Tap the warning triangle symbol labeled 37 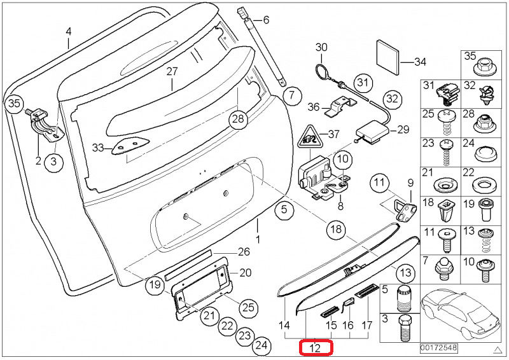coord(309,137)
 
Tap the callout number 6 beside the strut coord(265,20)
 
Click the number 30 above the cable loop coord(321,47)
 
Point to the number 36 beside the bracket coord(313,106)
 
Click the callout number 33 coord(97,148)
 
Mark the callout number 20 coord(245,273)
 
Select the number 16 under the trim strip coord(348,326)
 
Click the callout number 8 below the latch coord(340,206)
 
